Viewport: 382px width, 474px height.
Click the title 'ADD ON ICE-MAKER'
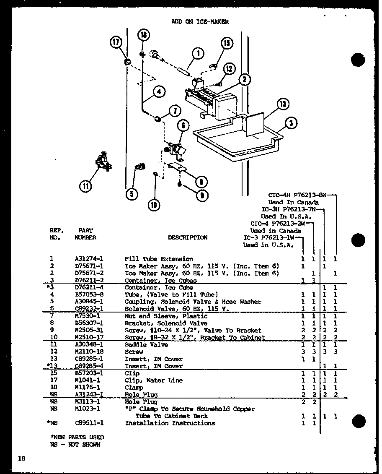200,22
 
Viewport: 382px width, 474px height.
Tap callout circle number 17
116,42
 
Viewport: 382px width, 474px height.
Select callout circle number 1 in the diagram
197,54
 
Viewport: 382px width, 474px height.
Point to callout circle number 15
227,44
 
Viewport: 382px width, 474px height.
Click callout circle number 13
284,104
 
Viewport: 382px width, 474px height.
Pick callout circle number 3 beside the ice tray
291,123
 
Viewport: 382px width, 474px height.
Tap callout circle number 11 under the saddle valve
86,186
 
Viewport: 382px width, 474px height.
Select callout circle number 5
132,193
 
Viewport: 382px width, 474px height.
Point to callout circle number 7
174,111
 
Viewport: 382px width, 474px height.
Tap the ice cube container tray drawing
235,141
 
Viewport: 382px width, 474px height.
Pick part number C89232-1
89,309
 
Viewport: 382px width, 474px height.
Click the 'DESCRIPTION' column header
188,237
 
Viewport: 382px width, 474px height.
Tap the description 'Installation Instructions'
170,423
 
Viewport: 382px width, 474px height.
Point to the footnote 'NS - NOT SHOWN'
75,445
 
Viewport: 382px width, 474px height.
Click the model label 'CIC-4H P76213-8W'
297,195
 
